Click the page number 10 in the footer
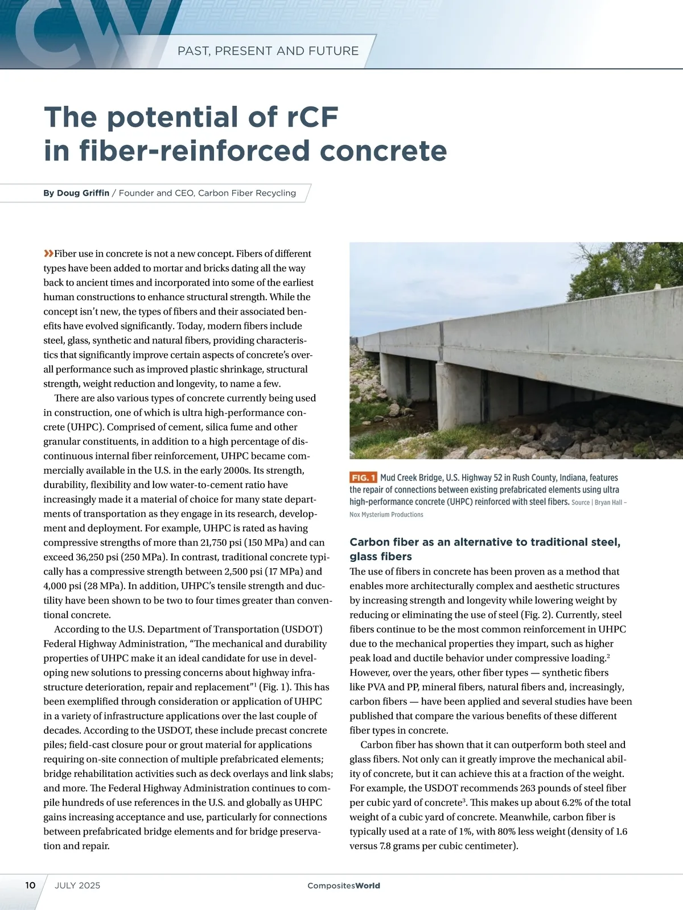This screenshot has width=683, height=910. click(x=30, y=885)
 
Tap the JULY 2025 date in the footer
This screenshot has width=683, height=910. click(x=77, y=885)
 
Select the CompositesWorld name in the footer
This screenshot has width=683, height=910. click(x=344, y=886)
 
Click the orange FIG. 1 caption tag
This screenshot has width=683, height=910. click(x=363, y=478)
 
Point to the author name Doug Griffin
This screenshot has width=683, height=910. click(x=83, y=193)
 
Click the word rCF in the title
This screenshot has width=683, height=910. click(x=308, y=117)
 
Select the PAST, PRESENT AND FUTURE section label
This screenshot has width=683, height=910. click(x=268, y=51)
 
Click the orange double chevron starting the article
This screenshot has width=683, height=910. click(x=48, y=253)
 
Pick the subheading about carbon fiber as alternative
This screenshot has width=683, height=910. click(x=484, y=549)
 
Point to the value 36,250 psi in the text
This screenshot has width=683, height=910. click(x=81, y=557)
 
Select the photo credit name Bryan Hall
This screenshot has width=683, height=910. click(x=608, y=502)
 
